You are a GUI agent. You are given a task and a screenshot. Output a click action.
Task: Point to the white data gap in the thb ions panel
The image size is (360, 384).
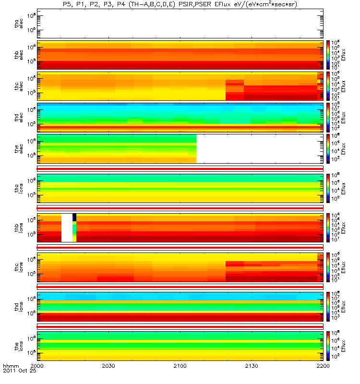coord(67,228)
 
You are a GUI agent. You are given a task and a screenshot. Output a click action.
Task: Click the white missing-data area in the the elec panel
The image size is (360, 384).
coord(259,148)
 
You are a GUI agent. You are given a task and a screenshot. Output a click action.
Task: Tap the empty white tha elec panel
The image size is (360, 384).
coord(180,24)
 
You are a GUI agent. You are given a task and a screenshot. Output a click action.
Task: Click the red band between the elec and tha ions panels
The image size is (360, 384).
coord(180,168)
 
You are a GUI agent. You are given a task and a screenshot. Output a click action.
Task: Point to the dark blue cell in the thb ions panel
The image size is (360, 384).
coord(74,217)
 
